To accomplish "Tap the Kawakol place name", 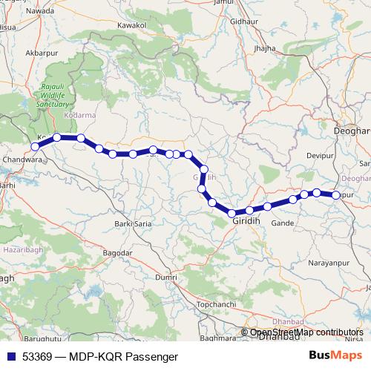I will pos(131,24).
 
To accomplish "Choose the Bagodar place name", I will pos(116,253).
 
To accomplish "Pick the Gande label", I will pos(283,223).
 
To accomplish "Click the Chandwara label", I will pos(20,159).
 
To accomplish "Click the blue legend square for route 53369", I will pos(10,357).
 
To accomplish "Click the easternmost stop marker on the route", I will pos(336,195).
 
